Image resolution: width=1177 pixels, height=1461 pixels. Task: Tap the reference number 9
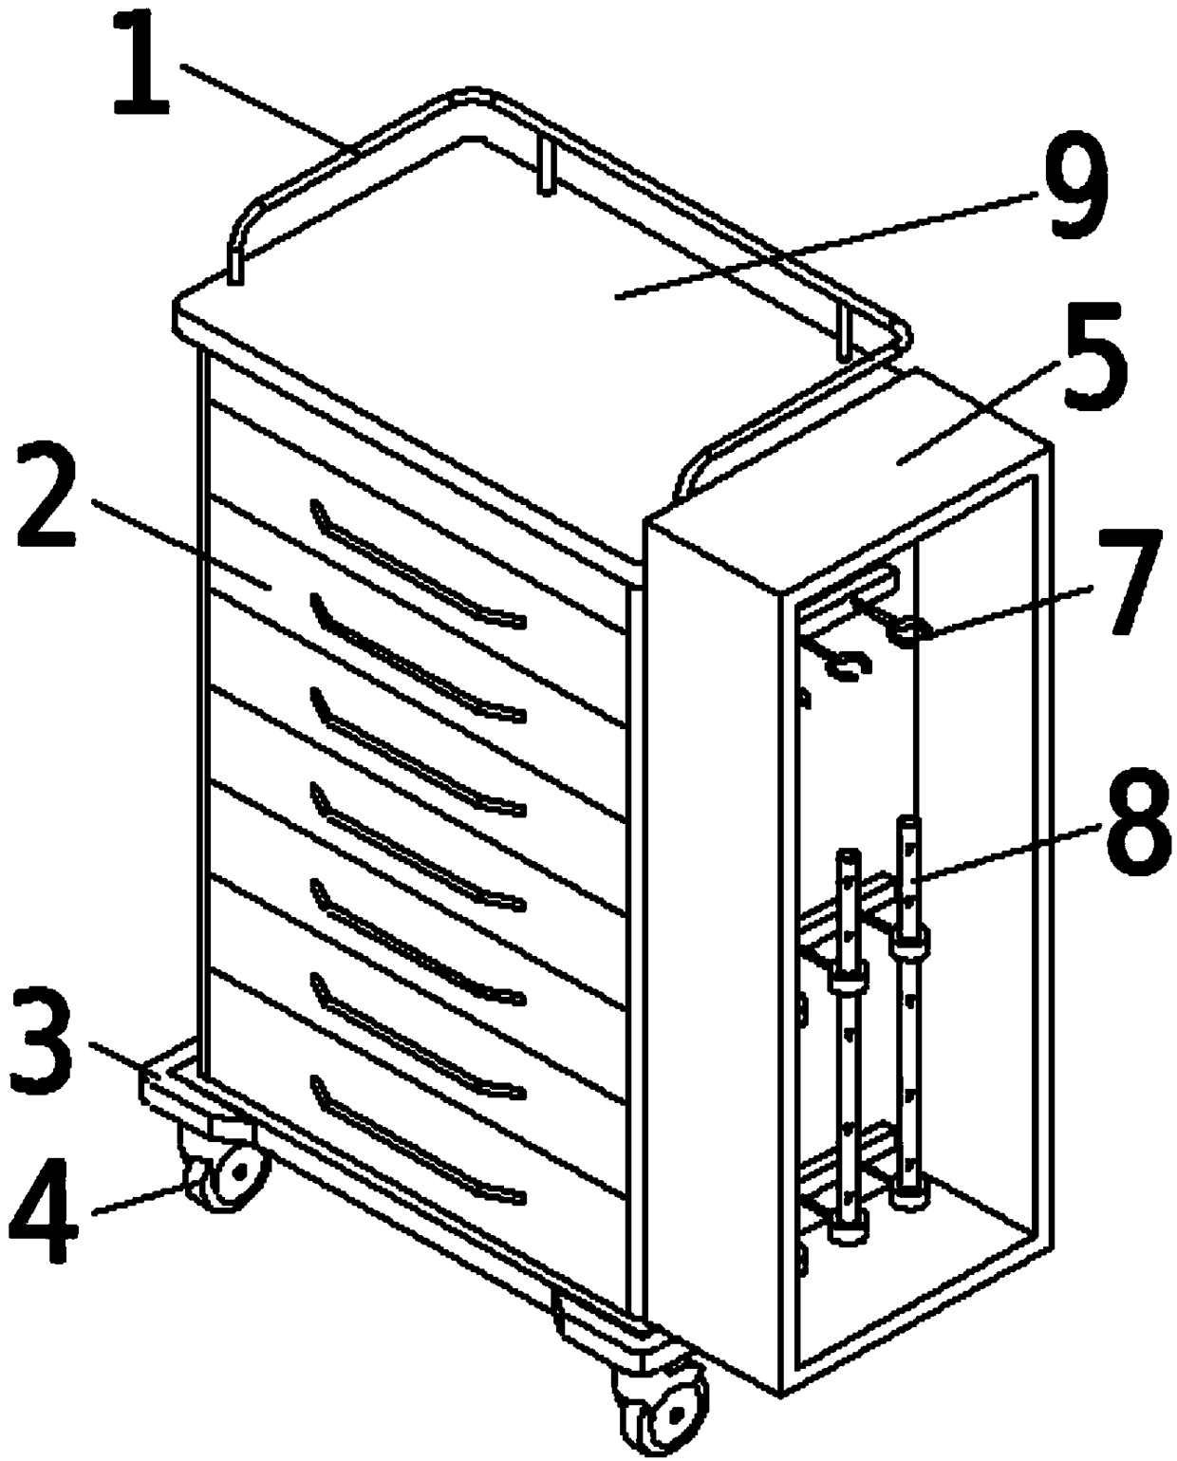tap(1075, 187)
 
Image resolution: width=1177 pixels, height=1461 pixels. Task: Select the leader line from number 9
tap(827, 244)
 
